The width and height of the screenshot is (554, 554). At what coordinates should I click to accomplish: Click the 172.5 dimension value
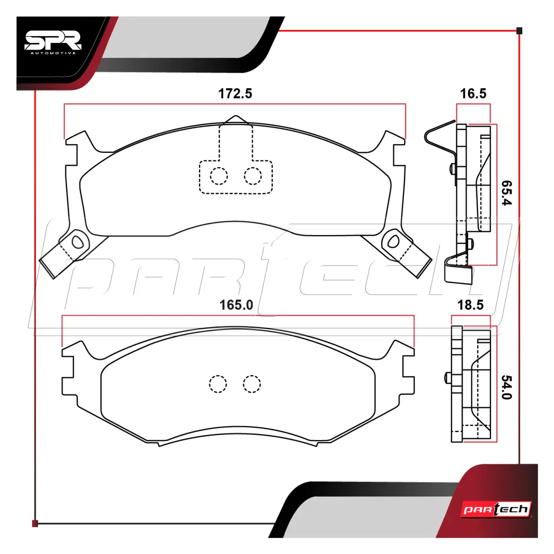235,94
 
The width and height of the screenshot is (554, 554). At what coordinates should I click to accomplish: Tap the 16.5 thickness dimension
473,94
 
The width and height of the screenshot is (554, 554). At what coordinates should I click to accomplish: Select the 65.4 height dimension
506,193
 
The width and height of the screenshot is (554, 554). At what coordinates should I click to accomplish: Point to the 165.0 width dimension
236,305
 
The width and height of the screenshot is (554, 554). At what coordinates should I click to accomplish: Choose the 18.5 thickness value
470,305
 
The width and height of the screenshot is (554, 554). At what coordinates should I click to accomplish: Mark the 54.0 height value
506,387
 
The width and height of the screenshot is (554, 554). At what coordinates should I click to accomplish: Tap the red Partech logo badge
496,509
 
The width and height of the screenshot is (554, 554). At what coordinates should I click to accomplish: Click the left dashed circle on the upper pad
219,176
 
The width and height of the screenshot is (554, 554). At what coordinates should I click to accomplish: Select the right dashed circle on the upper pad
253,176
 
